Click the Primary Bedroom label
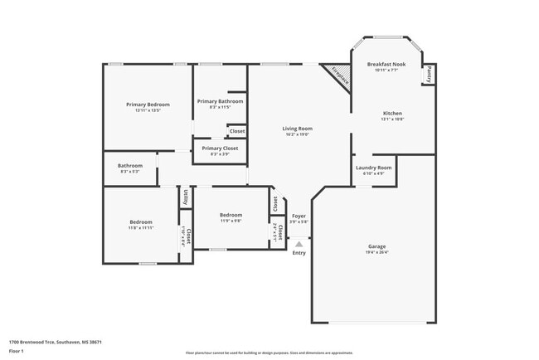pos(148,105)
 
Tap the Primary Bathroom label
pos(219,101)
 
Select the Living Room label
pos(297,129)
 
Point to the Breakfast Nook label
pos(386,64)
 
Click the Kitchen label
pos(392,113)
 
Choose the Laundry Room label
pos(374,168)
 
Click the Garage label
pos(377,246)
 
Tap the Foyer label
pos(299,216)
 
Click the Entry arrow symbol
pos(299,244)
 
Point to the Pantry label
pos(429,75)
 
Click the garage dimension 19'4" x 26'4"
pos(377,252)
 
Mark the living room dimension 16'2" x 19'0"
pos(297,134)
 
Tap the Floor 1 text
pos(16,350)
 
